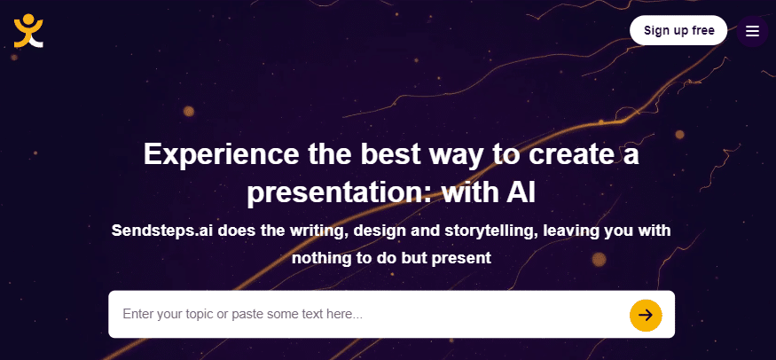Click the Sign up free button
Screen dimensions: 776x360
click(x=678, y=31)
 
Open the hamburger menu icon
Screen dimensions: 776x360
click(x=752, y=31)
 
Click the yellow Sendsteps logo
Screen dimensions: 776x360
click(x=28, y=31)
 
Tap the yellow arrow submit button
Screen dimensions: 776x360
click(x=646, y=315)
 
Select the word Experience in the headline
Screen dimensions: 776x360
click(x=221, y=154)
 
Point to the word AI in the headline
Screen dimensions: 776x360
click(x=521, y=193)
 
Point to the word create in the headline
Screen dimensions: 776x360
click(x=568, y=155)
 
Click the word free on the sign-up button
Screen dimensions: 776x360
click(x=702, y=30)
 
